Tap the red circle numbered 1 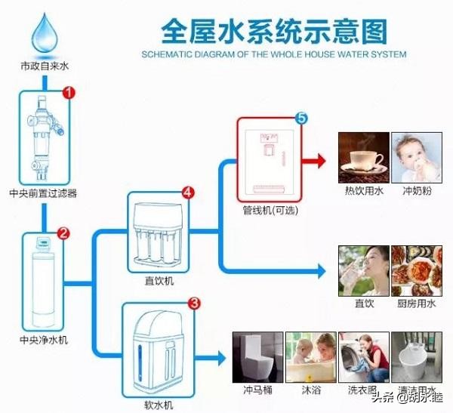click(x=68, y=93)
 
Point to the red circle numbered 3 click(x=194, y=304)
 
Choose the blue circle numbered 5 click(x=300, y=119)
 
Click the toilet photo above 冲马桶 click(x=254, y=356)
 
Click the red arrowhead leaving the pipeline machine click(x=320, y=160)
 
